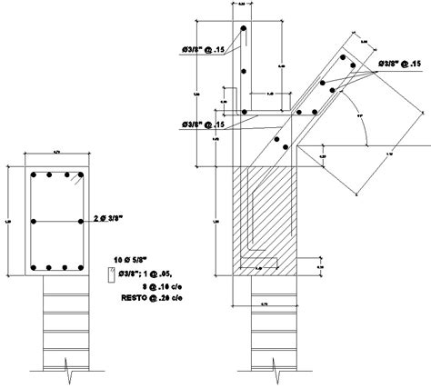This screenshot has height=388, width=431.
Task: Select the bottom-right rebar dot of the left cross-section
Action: (81, 267)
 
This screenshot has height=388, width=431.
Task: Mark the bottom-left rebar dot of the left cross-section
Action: (33, 267)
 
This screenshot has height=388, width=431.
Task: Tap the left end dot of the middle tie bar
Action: (32, 221)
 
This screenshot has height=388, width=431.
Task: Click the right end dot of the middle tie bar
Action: (82, 221)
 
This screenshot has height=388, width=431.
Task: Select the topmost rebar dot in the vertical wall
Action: (246, 28)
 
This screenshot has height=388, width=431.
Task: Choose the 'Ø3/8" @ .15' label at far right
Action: (399, 65)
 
